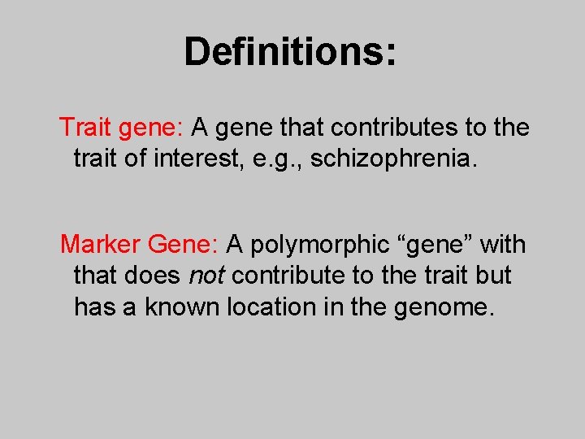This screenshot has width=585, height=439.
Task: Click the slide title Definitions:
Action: pyautogui.click(x=291, y=51)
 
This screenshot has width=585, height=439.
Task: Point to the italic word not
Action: pyautogui.click(x=206, y=276)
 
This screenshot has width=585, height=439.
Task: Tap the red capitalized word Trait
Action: pyautogui.click(x=85, y=128)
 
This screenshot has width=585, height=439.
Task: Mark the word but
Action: pyautogui.click(x=494, y=276)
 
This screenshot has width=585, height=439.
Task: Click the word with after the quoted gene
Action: pyautogui.click(x=504, y=244)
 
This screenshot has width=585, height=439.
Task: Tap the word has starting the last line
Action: pyautogui.click(x=93, y=307)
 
